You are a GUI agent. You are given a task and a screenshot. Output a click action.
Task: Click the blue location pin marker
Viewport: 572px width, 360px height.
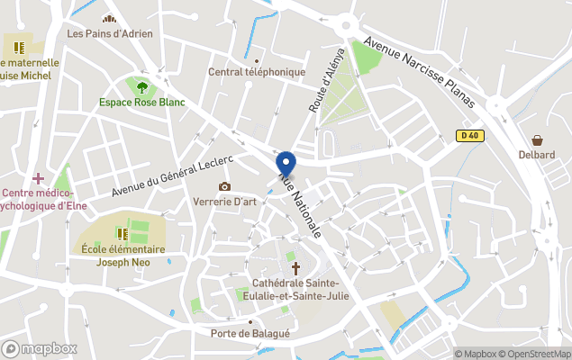pyautogui.click(x=286, y=164)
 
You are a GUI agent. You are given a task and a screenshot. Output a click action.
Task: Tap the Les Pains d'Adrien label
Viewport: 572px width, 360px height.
pyautogui.click(x=110, y=34)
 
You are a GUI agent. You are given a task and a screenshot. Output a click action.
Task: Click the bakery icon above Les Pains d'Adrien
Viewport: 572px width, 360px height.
pyautogui.click(x=110, y=19)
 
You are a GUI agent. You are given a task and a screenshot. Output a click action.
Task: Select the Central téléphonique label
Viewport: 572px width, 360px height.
pyautogui.click(x=257, y=72)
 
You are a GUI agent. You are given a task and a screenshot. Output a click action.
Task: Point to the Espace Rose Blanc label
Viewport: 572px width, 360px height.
pyautogui.click(x=142, y=103)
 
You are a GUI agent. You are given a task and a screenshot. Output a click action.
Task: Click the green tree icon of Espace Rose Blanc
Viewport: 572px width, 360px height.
pyautogui.click(x=142, y=87)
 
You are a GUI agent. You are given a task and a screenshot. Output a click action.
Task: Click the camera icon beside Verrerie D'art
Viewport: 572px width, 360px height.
pyautogui.click(x=224, y=186)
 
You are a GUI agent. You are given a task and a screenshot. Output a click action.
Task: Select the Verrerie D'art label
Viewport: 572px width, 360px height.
pyautogui.click(x=225, y=202)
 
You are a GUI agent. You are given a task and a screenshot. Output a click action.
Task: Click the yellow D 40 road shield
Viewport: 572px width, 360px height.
pyautogui.click(x=467, y=136)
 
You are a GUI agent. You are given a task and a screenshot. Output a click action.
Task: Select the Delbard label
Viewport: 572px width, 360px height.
pyautogui.click(x=537, y=155)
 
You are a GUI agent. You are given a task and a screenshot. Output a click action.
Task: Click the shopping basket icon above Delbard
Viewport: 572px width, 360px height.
pyautogui.click(x=538, y=139)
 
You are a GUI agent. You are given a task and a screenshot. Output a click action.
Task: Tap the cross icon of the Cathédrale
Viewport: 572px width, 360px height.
pyautogui.click(x=294, y=267)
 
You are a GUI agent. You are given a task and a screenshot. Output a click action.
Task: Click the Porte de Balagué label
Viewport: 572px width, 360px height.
pyautogui.click(x=250, y=334)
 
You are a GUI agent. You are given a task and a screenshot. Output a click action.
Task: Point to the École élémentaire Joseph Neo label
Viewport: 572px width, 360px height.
pyautogui.click(x=123, y=256)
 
